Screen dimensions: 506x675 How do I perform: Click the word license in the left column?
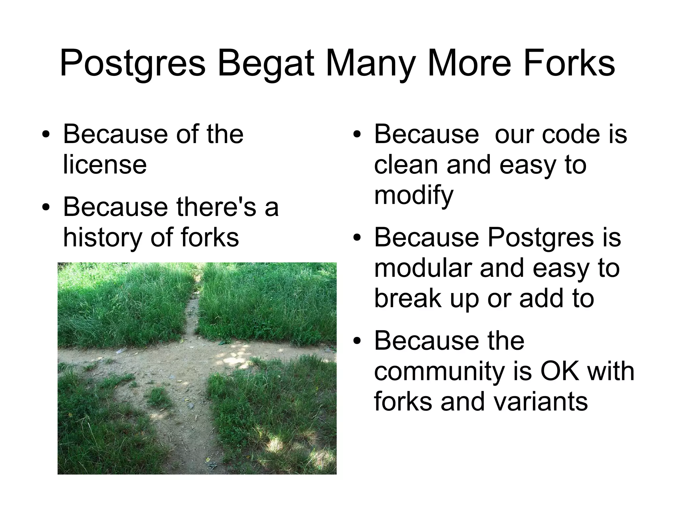[105, 164]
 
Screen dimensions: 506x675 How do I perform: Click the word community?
[439, 371]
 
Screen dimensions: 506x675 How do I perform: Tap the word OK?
[559, 371]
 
